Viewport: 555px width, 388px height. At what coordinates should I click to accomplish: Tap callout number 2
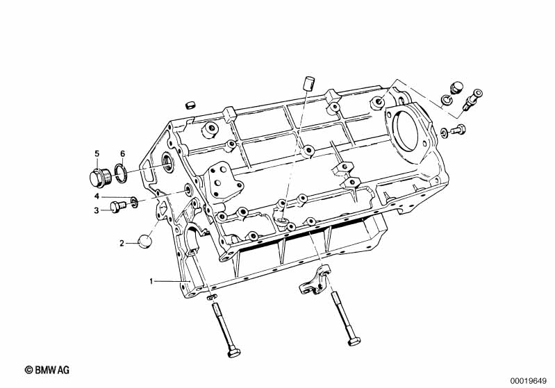click(x=122, y=243)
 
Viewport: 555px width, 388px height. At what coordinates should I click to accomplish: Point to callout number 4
click(x=97, y=196)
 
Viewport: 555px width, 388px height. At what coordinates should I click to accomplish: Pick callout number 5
click(x=97, y=153)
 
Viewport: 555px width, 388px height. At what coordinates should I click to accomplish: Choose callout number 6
click(x=122, y=153)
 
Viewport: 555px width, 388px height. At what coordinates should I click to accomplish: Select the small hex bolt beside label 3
click(x=117, y=205)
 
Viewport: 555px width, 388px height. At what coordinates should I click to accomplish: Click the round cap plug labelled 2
click(x=144, y=241)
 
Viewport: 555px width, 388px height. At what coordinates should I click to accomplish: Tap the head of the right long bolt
click(x=351, y=342)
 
